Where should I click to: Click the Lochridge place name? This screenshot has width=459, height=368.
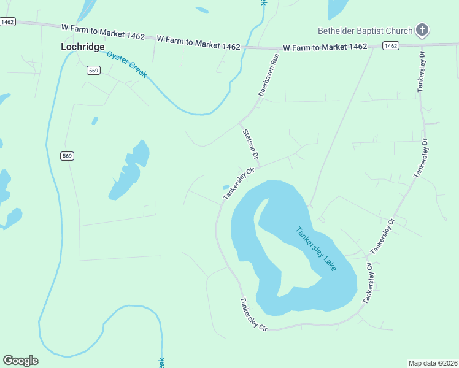82,47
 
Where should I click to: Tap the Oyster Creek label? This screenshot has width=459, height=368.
126,64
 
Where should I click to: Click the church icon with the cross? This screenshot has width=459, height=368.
422,29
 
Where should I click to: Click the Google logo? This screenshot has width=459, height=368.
20,361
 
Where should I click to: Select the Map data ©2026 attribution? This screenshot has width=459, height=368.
432,362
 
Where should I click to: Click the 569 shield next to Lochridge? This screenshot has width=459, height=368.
93,71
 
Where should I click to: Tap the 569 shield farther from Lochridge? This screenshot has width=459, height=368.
67,156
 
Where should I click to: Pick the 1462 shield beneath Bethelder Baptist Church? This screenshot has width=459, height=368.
390,45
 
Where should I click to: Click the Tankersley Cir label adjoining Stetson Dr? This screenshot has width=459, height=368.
238,183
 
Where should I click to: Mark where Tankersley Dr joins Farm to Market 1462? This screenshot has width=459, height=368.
422,45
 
